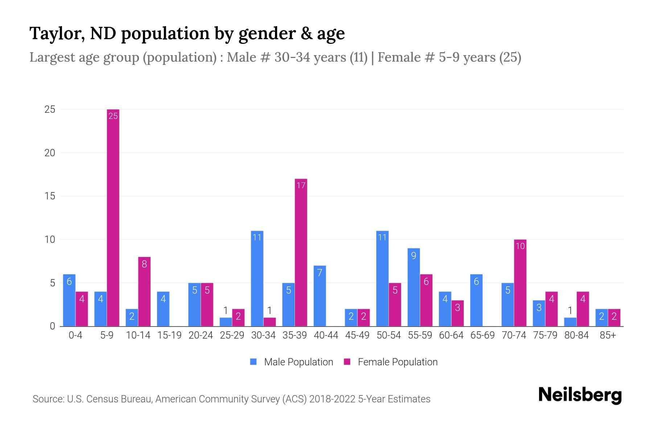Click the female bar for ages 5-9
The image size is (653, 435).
tap(113, 217)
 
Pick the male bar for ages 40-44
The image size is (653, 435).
tap(320, 296)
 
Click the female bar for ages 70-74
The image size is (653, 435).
tap(520, 283)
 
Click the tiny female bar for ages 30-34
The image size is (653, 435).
tap(270, 322)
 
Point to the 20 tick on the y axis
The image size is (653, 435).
tap(50, 153)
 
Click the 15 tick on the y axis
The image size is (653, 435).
tap(50, 196)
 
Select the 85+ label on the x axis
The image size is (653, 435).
tap(608, 335)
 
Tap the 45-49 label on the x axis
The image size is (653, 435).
tap(357, 335)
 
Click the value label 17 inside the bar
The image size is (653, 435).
tap(301, 186)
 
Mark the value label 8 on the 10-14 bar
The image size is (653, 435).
tap(144, 264)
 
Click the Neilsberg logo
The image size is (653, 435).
tap(580, 395)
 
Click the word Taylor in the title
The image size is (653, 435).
tap(57, 34)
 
